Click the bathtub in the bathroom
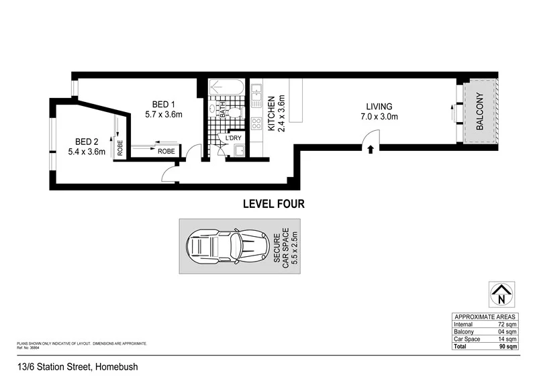click(x=227, y=88)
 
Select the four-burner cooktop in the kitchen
click(x=256, y=124)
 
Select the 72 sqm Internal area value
click(x=507, y=324)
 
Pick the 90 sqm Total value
click(x=507, y=347)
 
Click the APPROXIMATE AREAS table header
click(x=485, y=316)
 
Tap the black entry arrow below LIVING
click(x=370, y=150)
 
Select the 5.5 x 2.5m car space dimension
click(x=291, y=247)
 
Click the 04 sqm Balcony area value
click(x=507, y=331)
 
